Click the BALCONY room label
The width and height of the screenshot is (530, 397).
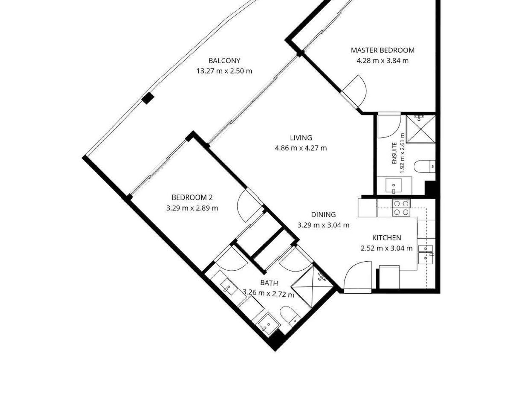[224, 60]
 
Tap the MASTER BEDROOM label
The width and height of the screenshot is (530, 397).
[382, 50]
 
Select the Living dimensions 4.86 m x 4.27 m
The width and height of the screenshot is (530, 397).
[301, 148]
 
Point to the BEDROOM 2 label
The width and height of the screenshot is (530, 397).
[192, 198]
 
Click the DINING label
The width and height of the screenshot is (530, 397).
[323, 215]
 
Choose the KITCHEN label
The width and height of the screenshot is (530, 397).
[387, 238]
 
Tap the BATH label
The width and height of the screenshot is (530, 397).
[269, 283]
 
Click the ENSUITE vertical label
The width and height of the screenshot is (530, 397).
[394, 153]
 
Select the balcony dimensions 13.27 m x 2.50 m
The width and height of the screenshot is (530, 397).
[224, 71]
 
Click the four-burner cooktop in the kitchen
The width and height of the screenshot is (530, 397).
[401, 208]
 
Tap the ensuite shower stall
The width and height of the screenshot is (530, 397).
[421, 129]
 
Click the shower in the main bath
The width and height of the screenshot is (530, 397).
[312, 287]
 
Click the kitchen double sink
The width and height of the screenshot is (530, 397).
[426, 254]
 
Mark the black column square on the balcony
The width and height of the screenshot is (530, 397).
[148, 98]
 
